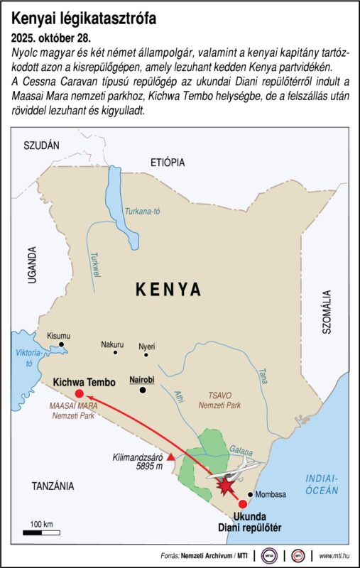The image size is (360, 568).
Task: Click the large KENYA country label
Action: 168,290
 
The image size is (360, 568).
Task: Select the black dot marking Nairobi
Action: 143,390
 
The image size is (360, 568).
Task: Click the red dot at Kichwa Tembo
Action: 79,393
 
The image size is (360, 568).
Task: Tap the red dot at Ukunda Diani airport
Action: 243,503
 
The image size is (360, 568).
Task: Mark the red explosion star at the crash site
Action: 227,487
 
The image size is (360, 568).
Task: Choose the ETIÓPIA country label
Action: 167,162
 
